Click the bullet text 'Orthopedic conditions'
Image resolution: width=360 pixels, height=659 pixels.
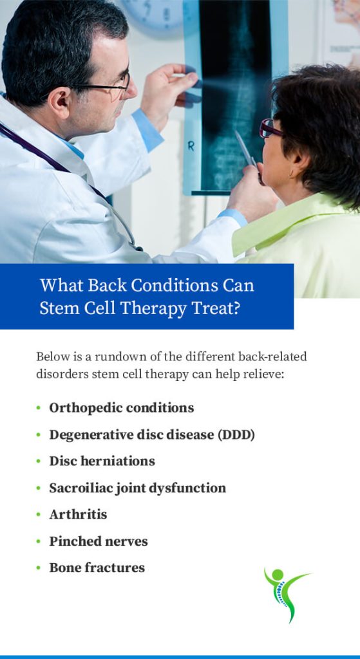pyautogui.click(x=122, y=407)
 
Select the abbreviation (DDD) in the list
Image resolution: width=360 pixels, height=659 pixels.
pyautogui.click(x=236, y=434)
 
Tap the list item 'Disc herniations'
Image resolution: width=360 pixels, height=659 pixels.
pyautogui.click(x=102, y=461)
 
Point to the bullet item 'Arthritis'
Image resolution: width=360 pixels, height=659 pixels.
pyautogui.click(x=78, y=514)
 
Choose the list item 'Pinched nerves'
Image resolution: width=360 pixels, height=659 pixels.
pyautogui.click(x=99, y=541)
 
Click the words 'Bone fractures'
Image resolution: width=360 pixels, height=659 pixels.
pyautogui.click(x=97, y=568)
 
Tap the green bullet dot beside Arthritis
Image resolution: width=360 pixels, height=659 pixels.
pyautogui.click(x=39, y=515)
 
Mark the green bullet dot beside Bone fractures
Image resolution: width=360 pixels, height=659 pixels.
pyautogui.click(x=39, y=568)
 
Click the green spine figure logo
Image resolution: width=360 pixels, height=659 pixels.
pyautogui.click(x=284, y=593)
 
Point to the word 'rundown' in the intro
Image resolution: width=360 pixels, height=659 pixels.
pyautogui.click(x=118, y=357)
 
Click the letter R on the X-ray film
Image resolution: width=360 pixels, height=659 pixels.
pyautogui.click(x=191, y=147)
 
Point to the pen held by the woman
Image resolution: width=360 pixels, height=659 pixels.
pyautogui.click(x=245, y=149)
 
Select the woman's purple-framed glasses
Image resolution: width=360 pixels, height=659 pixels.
pyautogui.click(x=269, y=128)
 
